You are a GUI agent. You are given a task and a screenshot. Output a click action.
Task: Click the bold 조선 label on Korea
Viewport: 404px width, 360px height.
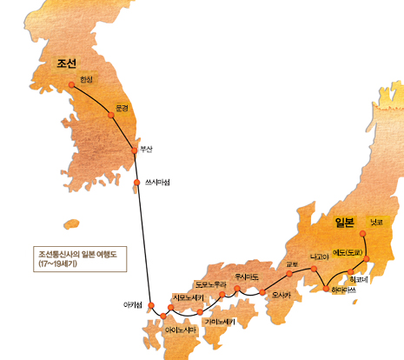(x=67, y=63)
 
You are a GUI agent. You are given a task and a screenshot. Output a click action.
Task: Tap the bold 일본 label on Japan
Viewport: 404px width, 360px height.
(x=345, y=223)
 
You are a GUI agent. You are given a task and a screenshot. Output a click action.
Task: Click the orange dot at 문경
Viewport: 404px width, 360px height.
(x=111, y=115)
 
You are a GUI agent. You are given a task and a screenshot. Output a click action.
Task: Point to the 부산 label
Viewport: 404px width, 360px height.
(x=145, y=149)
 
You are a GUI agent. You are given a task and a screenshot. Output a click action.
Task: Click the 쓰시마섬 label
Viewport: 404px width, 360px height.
(x=157, y=182)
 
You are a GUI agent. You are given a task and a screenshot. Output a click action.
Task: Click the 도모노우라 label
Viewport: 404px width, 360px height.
(x=211, y=283)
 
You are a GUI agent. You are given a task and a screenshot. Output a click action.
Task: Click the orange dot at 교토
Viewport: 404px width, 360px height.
(x=290, y=274)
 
